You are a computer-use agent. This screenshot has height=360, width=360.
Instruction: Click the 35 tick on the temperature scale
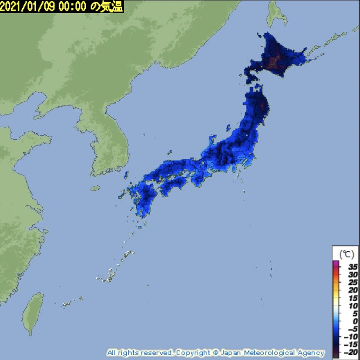(353, 266)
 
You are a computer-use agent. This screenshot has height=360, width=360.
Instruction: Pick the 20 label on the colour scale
(353, 289)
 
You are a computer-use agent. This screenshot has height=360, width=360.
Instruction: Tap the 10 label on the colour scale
(353, 306)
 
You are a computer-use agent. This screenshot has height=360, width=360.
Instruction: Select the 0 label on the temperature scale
(354, 321)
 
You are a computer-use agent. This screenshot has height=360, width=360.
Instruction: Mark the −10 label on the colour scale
(351, 336)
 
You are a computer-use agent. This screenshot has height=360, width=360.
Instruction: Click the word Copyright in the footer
(194, 353)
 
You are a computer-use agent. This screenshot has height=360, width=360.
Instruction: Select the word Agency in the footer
(311, 353)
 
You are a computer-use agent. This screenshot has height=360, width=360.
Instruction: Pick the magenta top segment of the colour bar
(336, 262)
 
